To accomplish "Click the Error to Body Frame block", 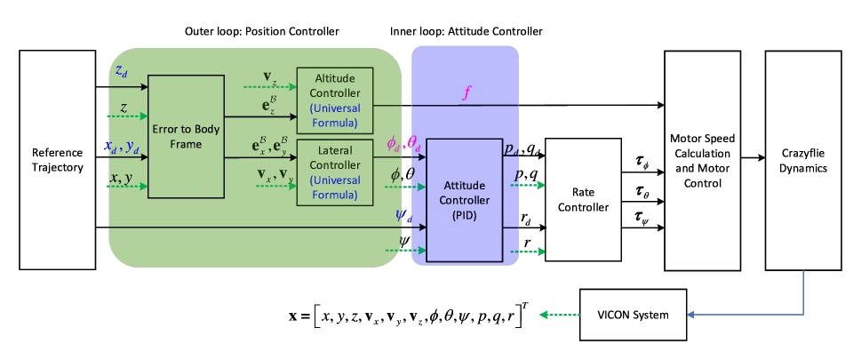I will [186, 136].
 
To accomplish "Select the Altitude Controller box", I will [335, 99].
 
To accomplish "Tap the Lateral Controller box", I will [335, 172].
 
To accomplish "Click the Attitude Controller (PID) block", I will [464, 200].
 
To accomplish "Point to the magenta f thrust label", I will [466, 92].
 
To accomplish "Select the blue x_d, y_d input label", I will [121, 147].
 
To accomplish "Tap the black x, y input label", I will [121, 179].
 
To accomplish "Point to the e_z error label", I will [269, 105].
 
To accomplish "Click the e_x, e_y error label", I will [272, 145].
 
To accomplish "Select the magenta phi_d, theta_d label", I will [403, 143].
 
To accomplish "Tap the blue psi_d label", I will [402, 213].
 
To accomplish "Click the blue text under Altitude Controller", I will [335, 116].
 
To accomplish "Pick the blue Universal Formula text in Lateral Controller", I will [335, 188].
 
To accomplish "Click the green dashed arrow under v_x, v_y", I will [272, 187].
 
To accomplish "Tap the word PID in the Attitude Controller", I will [464, 216].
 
